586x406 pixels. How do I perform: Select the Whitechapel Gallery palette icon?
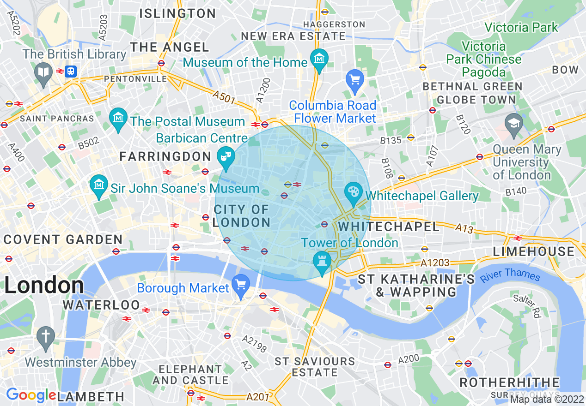click(354, 192)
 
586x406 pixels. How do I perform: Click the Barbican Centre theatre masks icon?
click(226, 156)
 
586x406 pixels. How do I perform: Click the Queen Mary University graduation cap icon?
click(514, 123)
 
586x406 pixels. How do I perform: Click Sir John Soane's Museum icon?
click(99, 185)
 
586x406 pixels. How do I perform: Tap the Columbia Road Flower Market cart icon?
click(355, 80)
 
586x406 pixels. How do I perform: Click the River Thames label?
click(510, 275)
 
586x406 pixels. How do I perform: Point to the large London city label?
click(44, 286)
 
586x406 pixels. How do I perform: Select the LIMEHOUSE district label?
click(533, 251)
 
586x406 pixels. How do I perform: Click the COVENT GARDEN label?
click(63, 239)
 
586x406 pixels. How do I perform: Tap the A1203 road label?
click(435, 263)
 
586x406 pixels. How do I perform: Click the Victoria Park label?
click(521, 27)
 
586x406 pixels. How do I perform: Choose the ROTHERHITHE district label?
click(509, 382)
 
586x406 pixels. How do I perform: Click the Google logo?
click(31, 395)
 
